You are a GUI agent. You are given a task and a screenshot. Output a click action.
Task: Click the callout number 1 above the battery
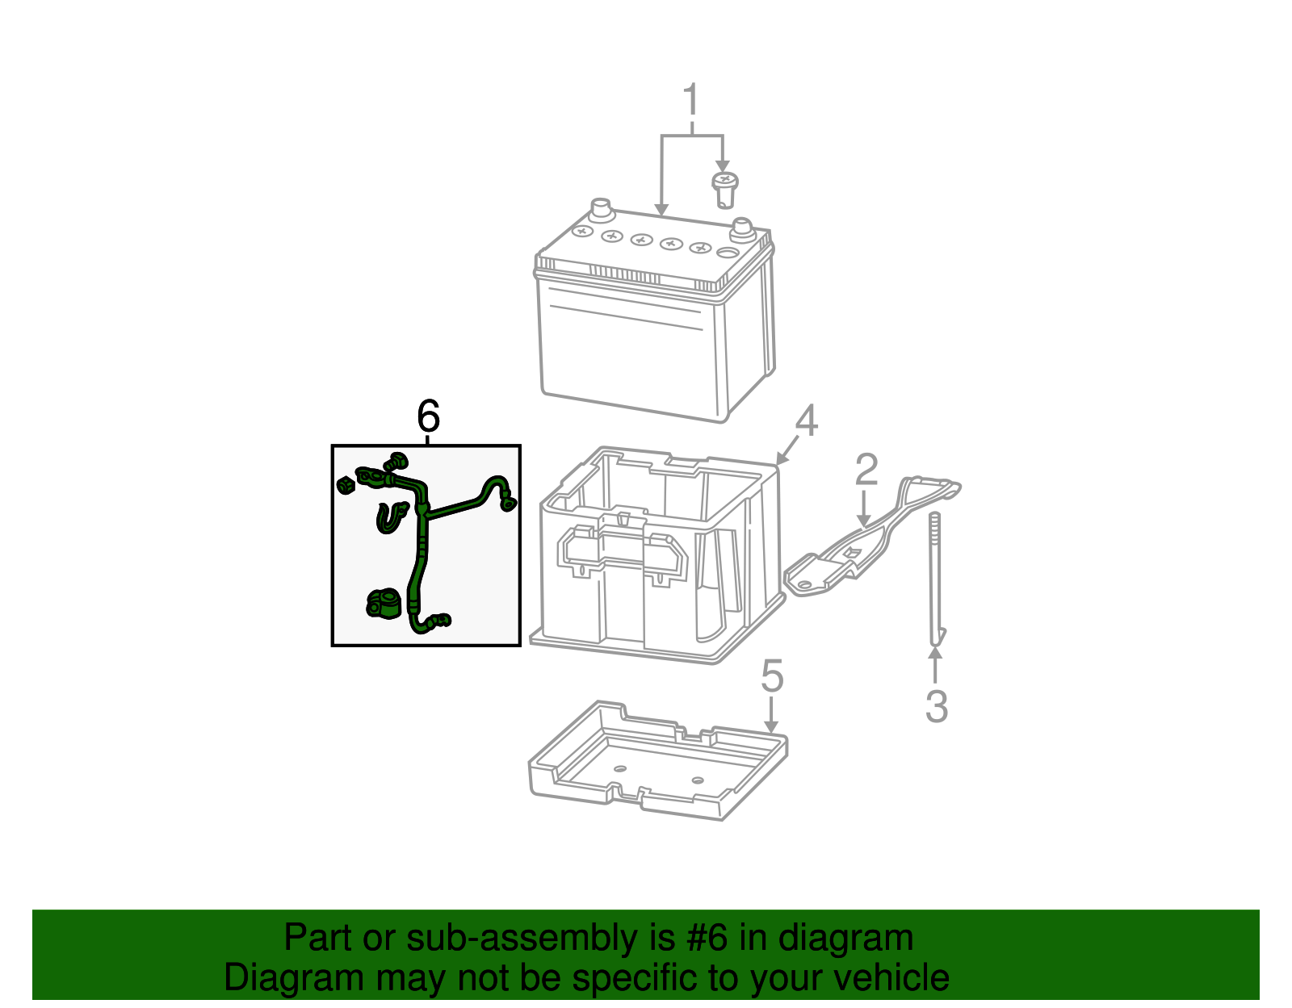690,101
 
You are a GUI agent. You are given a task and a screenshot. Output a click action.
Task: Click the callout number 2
866,470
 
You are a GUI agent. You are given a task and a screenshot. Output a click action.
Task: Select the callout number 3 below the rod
936,706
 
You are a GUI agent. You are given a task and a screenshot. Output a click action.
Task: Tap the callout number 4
806,421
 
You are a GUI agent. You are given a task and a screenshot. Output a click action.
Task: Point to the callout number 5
772,676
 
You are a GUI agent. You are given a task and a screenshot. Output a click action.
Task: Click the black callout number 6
428,416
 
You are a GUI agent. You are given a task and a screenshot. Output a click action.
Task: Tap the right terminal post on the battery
741,229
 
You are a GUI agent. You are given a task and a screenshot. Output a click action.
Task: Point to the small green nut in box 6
346,484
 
